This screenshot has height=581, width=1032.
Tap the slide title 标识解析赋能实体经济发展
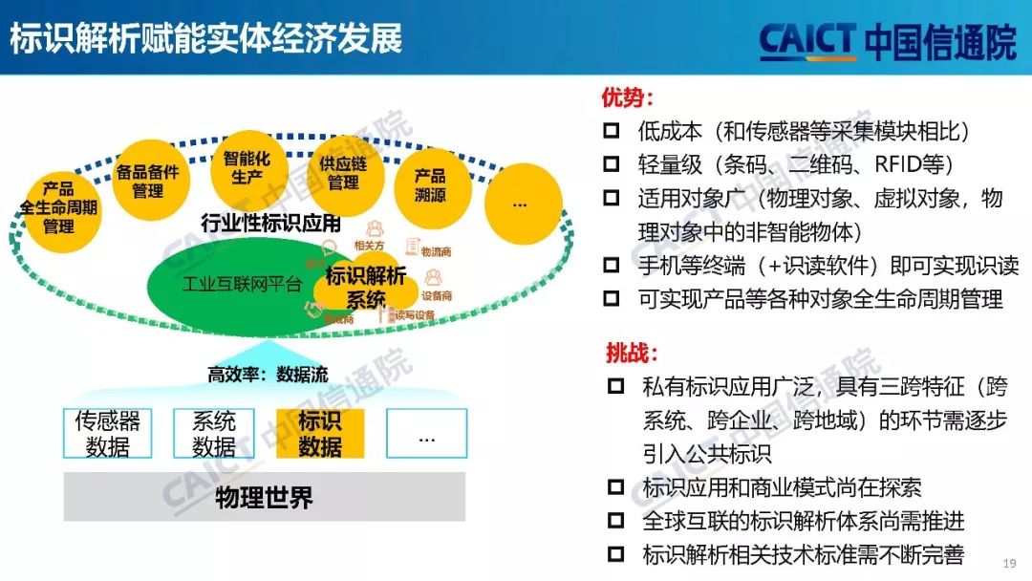pos(206,38)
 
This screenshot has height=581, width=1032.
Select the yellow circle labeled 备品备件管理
pos(147,181)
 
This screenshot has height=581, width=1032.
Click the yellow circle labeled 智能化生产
pos(247,167)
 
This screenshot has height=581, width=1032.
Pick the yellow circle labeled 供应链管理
pos(343,173)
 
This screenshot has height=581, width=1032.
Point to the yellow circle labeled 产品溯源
pos(430,185)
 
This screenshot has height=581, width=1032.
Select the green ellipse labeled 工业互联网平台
pos(239,285)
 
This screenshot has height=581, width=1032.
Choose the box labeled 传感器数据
pos(108,433)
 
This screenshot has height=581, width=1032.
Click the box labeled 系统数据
pos(214,433)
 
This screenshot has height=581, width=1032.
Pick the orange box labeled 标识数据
pos(320,433)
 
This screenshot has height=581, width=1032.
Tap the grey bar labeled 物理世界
pos(264,497)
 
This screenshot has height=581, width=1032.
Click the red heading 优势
pos(628,98)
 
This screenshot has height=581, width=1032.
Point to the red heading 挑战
pos(632,353)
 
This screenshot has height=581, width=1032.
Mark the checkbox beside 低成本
pos(612,131)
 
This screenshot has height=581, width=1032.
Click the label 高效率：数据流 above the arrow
pos(268,375)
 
